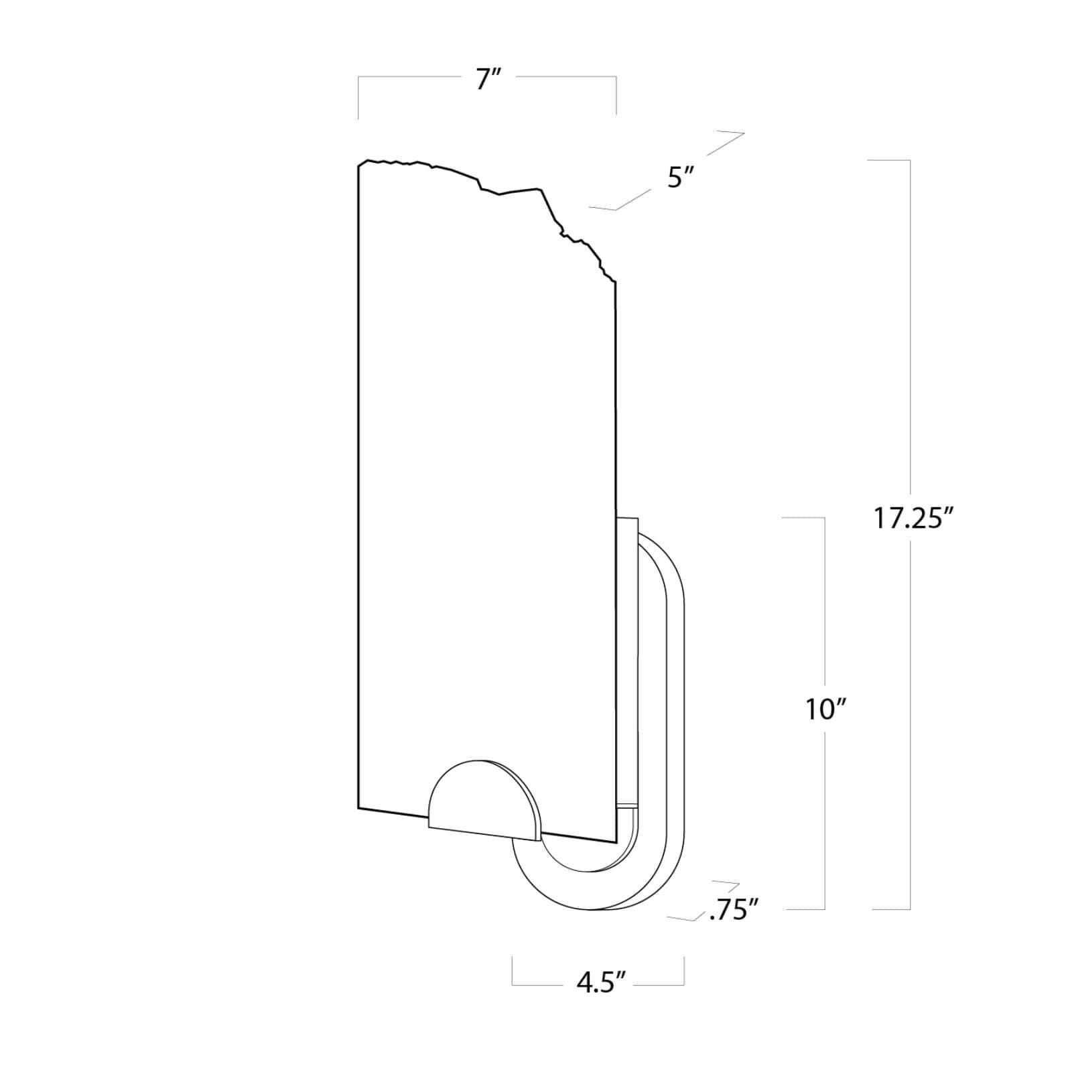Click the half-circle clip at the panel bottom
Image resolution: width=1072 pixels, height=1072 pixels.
[x=484, y=804]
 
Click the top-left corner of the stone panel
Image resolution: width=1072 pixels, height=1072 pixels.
[x=359, y=166]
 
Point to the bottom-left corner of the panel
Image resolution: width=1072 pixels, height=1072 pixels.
[x=359, y=808]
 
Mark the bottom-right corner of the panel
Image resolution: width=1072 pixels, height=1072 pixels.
[x=615, y=842]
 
